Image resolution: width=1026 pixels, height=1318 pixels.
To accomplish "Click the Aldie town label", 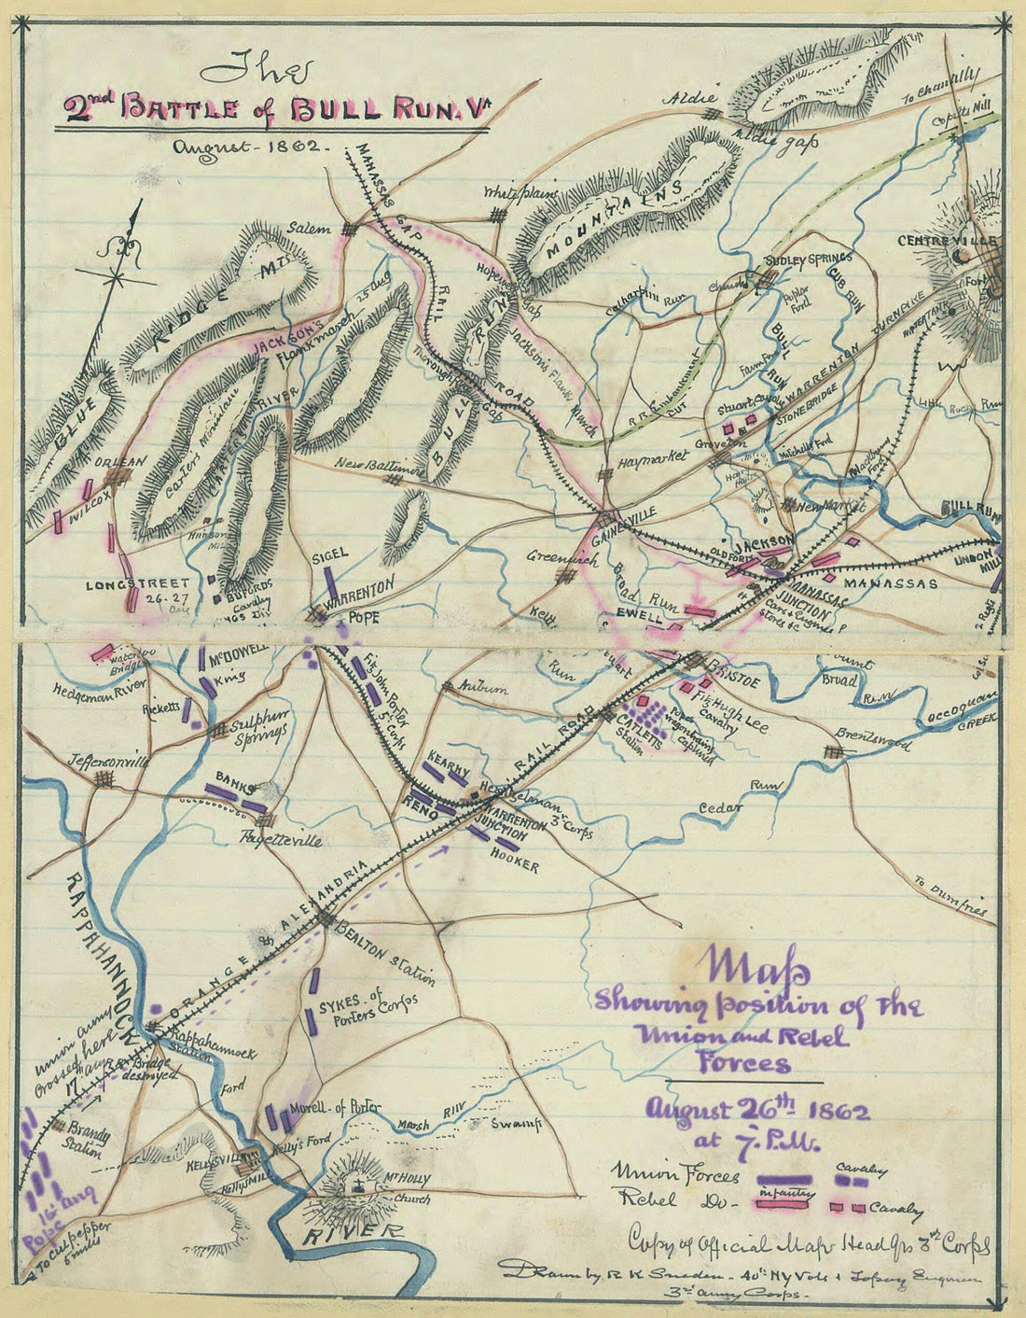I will (x=690, y=98).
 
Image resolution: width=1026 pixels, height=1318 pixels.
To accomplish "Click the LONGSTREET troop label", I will (x=124, y=585).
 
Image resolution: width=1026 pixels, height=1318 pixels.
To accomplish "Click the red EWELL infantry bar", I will (x=700, y=611).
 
